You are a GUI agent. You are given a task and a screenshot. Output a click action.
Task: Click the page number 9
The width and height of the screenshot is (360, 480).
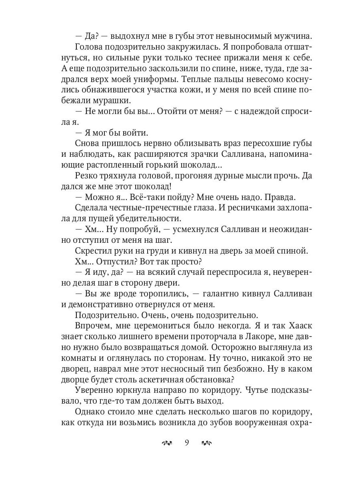tap(186, 442)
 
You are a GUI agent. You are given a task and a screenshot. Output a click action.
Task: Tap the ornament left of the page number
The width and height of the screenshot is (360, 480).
tap(166, 442)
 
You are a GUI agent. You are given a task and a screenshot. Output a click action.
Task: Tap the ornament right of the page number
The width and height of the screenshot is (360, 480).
tap(206, 442)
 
